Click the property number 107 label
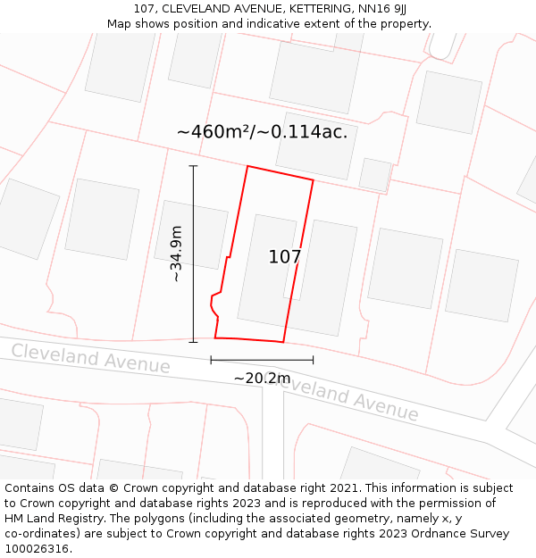point(285,257)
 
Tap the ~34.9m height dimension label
point(177,254)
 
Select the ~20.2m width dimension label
point(262,378)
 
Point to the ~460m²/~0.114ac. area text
point(262,132)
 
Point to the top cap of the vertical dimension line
point(193,166)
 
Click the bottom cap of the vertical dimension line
point(193,341)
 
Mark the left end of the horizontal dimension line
point(211,360)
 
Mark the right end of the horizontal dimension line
point(313,360)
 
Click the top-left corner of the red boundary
point(247,166)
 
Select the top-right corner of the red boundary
point(314,180)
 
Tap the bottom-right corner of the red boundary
point(283,342)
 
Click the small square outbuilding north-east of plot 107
point(375,174)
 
